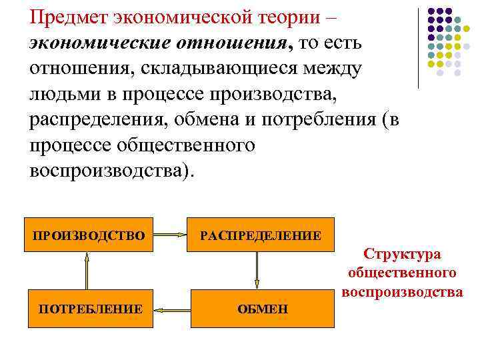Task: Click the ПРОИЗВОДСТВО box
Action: pos(89,235)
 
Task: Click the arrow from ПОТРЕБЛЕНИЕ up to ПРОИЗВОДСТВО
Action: pos(86,271)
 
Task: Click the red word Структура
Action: pos(401,254)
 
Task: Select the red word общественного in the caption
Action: pos(401,273)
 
